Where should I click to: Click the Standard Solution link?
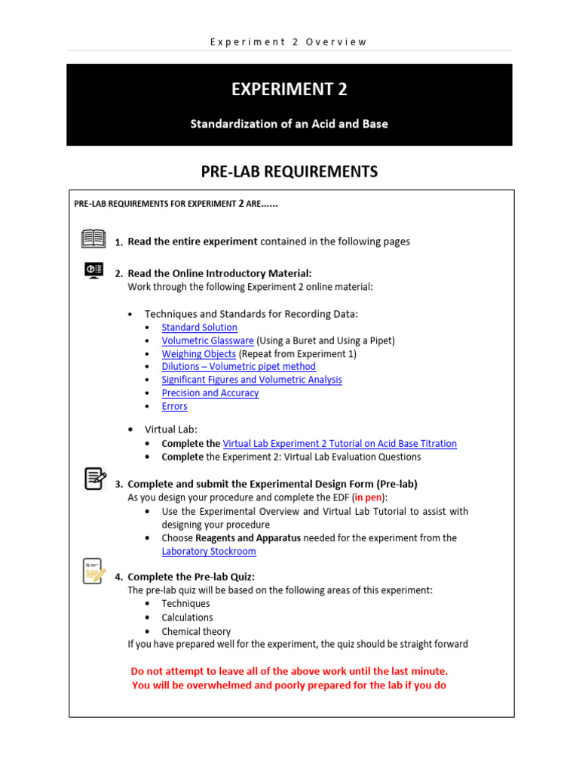pos(199,328)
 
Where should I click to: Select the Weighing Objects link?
pos(198,354)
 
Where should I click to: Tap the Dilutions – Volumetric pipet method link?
pos(238,367)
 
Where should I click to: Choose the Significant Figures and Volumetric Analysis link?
pos(252,380)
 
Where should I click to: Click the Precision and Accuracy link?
pos(210,393)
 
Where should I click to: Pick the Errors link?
pos(174,406)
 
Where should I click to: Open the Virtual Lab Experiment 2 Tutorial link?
pos(339,444)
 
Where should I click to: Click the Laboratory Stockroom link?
pos(209,552)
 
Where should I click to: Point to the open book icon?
pos(93,239)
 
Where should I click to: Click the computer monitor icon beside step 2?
pos(93,270)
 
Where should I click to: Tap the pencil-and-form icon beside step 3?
pos(94,479)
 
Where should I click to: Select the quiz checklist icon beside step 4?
pos(94,571)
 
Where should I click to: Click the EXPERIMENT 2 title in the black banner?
pos(289,90)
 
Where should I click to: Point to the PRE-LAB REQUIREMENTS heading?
pos(289,172)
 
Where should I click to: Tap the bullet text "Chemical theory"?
pos(196,632)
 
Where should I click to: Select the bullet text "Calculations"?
pos(187,617)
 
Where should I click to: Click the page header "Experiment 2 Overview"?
pos(289,42)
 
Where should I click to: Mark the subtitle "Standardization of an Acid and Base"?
pos(289,124)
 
